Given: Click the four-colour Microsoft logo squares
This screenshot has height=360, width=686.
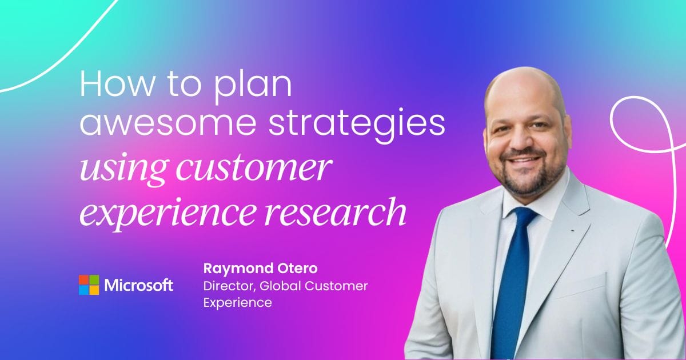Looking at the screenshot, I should point(89,285).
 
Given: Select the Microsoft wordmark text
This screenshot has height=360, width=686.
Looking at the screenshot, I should point(138,285).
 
